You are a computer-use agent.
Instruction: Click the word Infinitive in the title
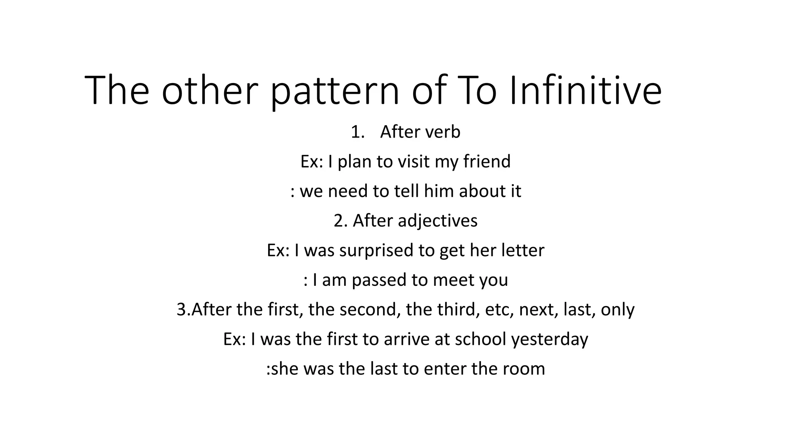(x=586, y=90)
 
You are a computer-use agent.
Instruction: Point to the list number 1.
(x=358, y=132)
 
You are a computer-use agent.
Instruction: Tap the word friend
(x=487, y=161)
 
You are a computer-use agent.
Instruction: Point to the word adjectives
(x=437, y=221)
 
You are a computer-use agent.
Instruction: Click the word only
(x=618, y=309)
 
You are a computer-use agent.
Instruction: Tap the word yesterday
(x=550, y=339)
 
